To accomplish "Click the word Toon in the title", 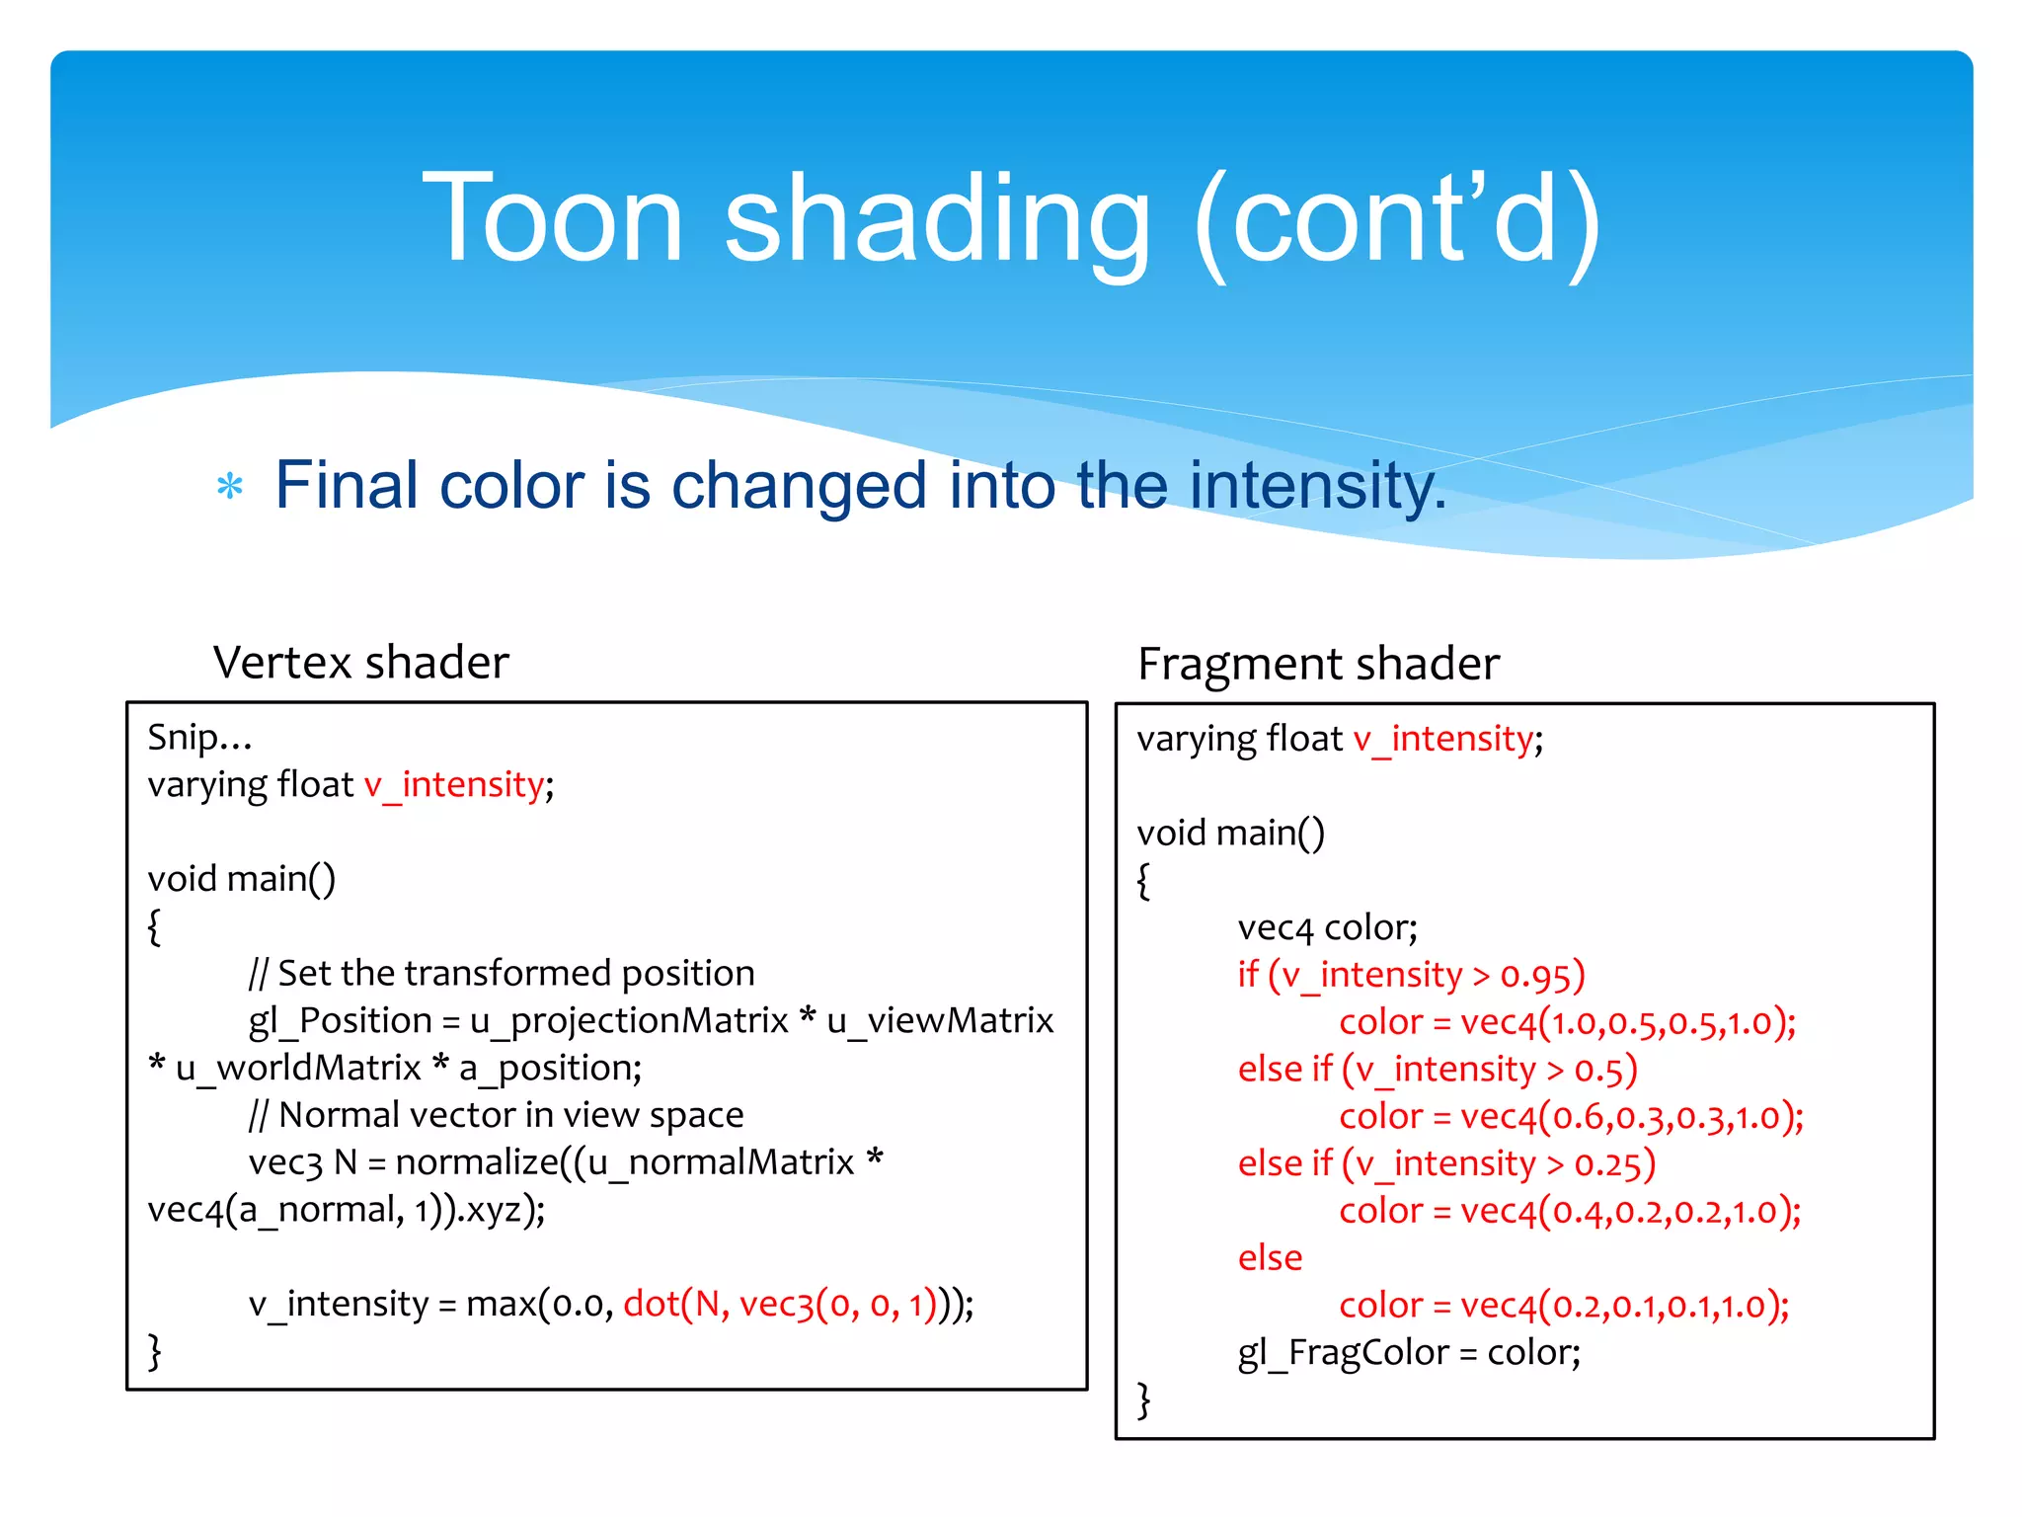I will pyautogui.click(x=553, y=219).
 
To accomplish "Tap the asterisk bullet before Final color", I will pyautogui.click(x=229, y=486).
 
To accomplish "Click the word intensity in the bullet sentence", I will pyautogui.click(x=1317, y=486).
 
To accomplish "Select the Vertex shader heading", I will pyautogui.click(x=361, y=662).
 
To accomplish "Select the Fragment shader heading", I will pyautogui.click(x=1318, y=664).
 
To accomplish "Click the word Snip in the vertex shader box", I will pyautogui.click(x=183, y=737).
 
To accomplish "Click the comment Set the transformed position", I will pyautogui.click(x=502, y=973).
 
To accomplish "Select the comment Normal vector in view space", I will pyautogui.click(x=497, y=1114).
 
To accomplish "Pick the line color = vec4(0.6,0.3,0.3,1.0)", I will pyautogui.click(x=1571, y=1116).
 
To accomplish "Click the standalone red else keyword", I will pyautogui.click(x=1270, y=1257).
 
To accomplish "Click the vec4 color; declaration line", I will pyautogui.click(x=1327, y=927).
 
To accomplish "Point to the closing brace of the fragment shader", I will pyautogui.click(x=1144, y=1399).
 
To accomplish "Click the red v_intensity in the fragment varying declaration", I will pyautogui.click(x=1442, y=738).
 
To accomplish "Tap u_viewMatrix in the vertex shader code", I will pyautogui.click(x=940, y=1020).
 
